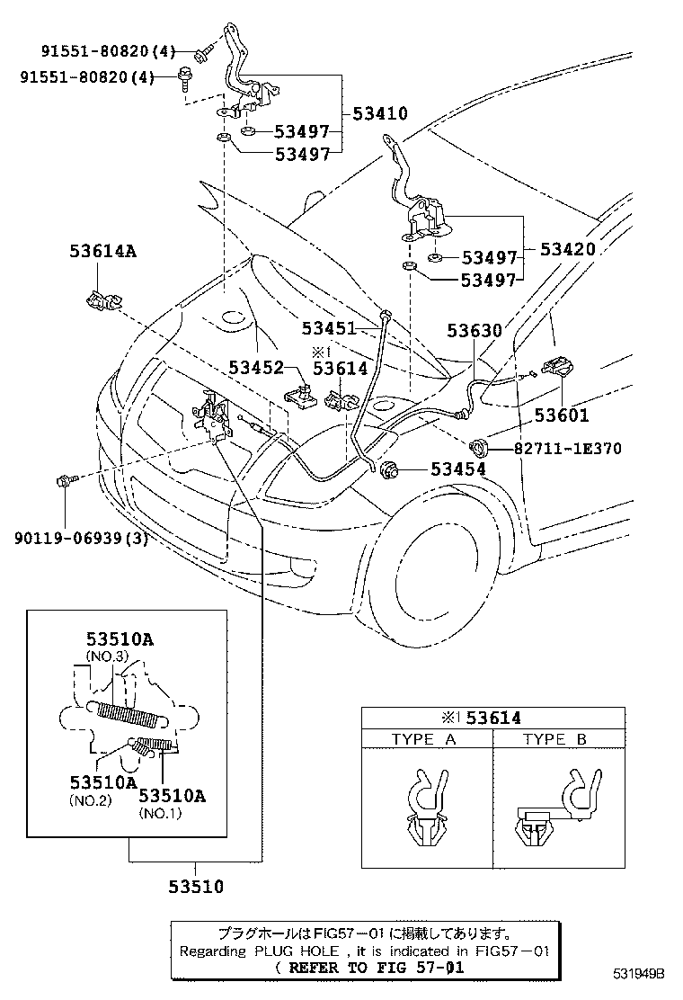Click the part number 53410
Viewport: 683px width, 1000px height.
pos(380,114)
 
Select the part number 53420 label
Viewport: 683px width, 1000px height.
pos(567,249)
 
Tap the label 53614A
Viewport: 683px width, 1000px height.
pos(103,252)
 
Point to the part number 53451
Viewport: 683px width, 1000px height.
pos(329,329)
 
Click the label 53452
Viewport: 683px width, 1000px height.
pos(256,367)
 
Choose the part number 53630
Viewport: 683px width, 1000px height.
pos(475,331)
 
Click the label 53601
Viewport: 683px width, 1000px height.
pos(562,415)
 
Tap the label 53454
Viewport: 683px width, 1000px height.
pos(458,469)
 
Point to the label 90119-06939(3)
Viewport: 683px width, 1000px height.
pos(81,539)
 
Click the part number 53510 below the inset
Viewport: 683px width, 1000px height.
pos(195,887)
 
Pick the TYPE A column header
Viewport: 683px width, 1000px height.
pos(424,739)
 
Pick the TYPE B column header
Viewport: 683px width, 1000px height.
pos(555,739)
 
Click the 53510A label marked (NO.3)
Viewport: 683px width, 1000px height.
pos(120,640)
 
